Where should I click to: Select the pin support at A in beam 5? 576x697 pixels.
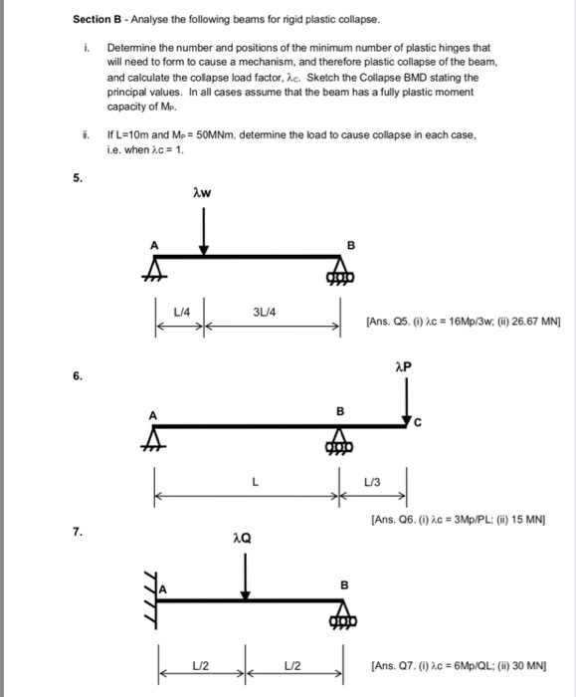[x=155, y=270]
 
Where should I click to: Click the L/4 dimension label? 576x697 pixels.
[x=180, y=314]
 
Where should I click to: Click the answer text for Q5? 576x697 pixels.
[x=464, y=321]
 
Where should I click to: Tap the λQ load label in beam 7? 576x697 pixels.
[x=242, y=538]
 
